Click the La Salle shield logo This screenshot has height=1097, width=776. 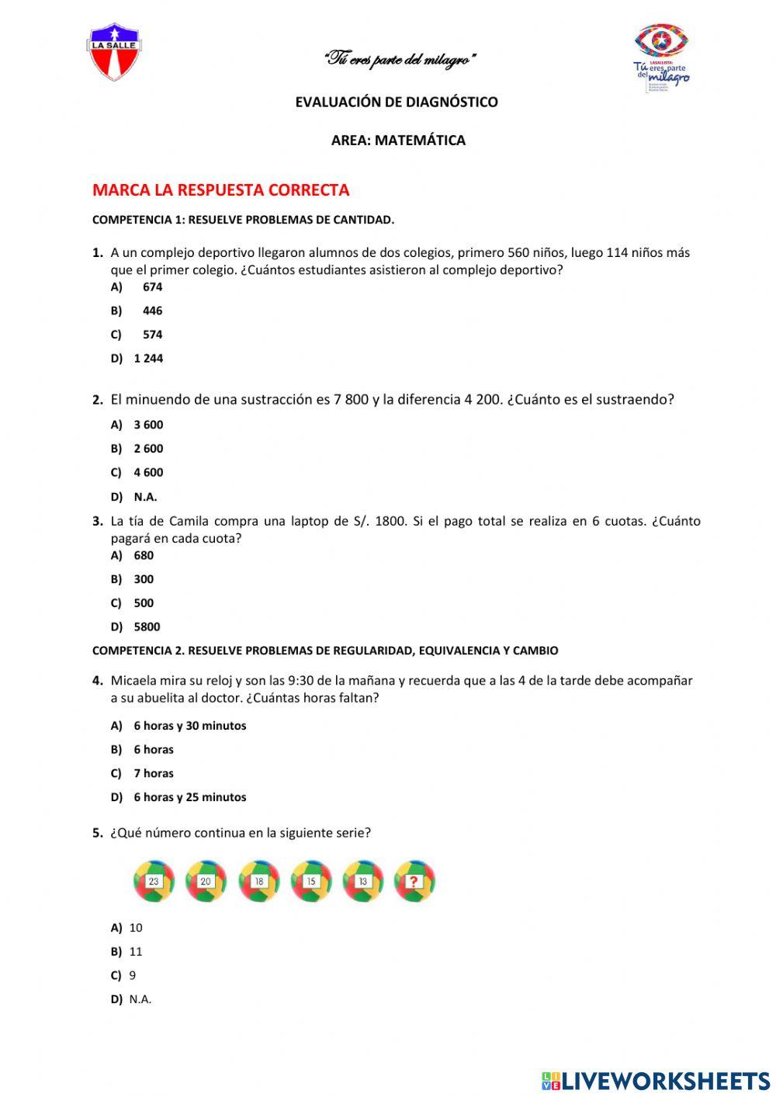(115, 51)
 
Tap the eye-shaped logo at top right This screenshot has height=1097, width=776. (661, 42)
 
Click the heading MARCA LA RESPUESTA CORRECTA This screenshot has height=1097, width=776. (220, 190)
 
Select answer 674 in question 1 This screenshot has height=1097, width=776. (152, 287)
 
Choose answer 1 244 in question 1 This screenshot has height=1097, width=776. (148, 359)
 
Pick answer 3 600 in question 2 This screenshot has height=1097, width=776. (148, 425)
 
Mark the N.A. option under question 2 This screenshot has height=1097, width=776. (145, 497)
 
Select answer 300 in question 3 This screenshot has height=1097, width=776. (144, 579)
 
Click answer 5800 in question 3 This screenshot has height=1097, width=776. (147, 627)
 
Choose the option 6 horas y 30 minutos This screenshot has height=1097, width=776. (189, 726)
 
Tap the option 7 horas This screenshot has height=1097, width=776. (154, 773)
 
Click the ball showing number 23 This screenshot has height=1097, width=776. (154, 881)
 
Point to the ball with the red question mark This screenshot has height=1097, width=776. (414, 881)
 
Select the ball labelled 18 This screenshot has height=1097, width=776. (258, 881)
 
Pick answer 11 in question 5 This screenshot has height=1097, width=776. (136, 952)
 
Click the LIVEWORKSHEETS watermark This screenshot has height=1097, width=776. (656, 1080)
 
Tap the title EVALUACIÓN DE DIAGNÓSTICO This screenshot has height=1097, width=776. (397, 102)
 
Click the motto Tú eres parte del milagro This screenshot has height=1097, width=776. (400, 60)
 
